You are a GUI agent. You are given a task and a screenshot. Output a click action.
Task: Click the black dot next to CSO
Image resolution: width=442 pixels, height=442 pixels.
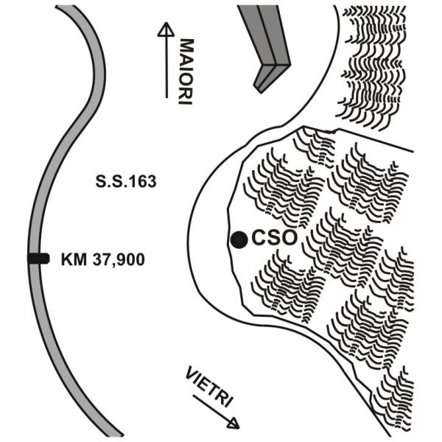[x=239, y=239]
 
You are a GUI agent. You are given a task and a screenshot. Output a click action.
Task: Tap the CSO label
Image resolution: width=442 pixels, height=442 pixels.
[x=274, y=238]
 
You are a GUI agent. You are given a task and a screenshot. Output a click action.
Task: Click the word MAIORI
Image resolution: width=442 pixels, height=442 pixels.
[x=186, y=71]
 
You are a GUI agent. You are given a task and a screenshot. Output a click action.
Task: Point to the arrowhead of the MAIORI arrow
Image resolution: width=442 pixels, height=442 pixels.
[x=166, y=29]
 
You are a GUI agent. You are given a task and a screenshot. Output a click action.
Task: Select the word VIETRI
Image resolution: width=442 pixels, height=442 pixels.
[x=209, y=387]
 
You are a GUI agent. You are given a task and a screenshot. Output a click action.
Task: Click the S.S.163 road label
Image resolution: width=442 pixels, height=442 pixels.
[x=126, y=181]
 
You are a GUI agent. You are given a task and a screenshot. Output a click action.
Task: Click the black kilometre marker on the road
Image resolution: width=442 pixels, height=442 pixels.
[x=38, y=259]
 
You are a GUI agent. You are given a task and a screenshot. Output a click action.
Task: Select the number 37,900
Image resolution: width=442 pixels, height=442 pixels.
[x=119, y=260]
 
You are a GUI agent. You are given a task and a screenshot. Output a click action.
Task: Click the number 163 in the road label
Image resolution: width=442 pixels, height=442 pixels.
[x=143, y=181]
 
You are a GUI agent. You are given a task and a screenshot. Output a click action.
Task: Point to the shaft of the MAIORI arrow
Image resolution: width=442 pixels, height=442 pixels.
[x=166, y=67]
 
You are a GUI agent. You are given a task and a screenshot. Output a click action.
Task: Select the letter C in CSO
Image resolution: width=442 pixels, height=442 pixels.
[x=259, y=238]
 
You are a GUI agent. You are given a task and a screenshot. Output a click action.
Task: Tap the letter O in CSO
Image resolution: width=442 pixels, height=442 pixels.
[x=289, y=238]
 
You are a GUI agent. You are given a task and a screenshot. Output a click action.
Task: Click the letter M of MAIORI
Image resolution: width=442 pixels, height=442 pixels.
[x=186, y=46]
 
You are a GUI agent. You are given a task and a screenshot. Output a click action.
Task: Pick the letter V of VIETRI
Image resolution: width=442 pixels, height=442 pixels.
[x=192, y=373]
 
